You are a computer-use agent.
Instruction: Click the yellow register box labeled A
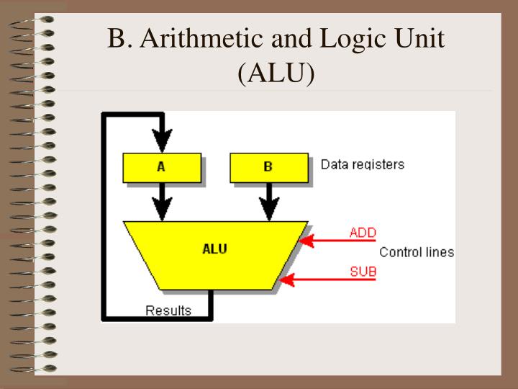pos(161,166)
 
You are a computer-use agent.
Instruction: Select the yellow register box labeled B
pos(268,166)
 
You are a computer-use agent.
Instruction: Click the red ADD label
pos(363,233)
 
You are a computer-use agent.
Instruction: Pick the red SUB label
pos(363,272)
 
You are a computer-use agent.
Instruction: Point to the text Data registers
pos(362,164)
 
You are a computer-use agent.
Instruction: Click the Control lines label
pos(416,252)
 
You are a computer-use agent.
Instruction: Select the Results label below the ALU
pos(168,310)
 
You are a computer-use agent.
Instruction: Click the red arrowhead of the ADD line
pos(306,241)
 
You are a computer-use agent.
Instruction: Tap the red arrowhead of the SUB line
pos(286,280)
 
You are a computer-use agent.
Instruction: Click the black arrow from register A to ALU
pos(163,202)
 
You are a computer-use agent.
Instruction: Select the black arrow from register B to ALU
pos(269,202)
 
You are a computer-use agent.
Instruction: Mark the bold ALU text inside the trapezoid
pos(215,250)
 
